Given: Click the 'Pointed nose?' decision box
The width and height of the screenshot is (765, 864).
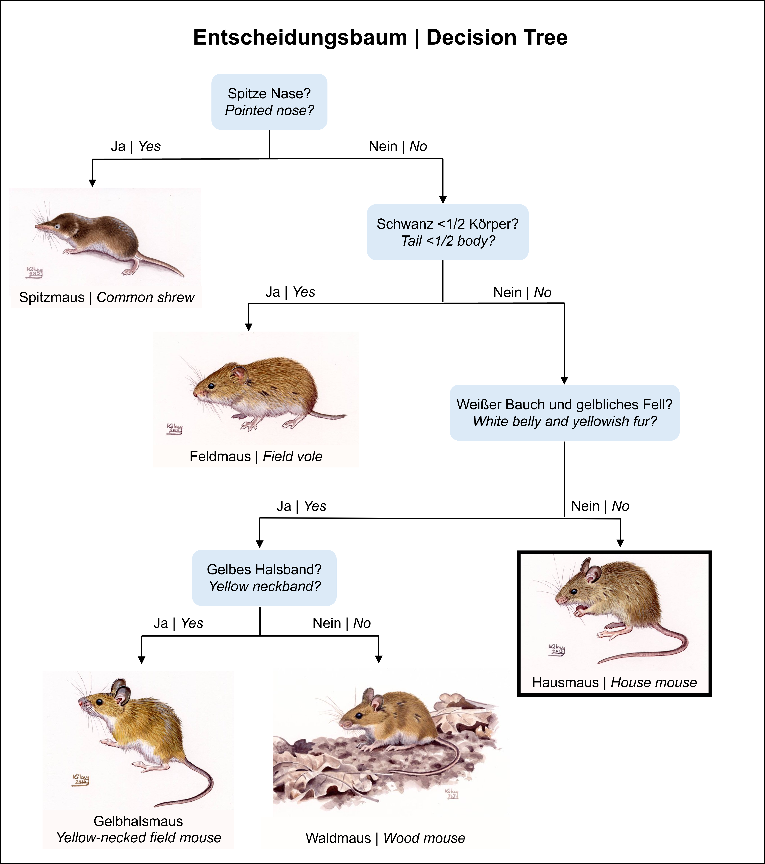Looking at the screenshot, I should pos(269,102).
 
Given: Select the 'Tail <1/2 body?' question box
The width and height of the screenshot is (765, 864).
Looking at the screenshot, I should pos(447,232).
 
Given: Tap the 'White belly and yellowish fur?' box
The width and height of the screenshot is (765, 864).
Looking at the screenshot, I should pos(564,413).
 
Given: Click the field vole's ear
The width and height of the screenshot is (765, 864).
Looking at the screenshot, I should pos(240,374).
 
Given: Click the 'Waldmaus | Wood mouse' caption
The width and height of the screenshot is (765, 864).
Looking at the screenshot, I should pos(385,838).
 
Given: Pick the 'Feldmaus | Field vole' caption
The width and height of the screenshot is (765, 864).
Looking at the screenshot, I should pos(256,457).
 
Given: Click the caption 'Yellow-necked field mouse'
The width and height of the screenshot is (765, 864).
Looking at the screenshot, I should pos(139,837).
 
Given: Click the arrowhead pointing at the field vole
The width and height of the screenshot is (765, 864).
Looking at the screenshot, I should pos(249,327).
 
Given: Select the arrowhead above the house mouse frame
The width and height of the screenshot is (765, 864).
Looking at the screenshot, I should pos(620,543).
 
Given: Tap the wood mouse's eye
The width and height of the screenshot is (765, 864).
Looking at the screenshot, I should pos(358,716).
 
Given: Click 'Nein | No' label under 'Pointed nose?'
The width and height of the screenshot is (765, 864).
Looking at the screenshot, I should pos(398,146).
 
